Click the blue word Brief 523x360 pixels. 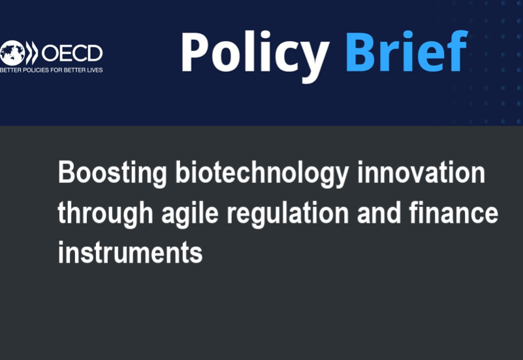407,51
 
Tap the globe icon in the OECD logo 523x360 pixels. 12,53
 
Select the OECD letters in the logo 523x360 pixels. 72,53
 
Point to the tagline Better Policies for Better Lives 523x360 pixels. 52,70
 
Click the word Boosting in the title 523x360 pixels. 112,174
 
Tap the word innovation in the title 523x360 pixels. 421,172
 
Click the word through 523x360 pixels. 105,214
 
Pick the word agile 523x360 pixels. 190,214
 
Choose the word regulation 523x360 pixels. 288,214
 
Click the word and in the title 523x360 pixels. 379,212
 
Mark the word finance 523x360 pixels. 454,212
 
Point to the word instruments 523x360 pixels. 131,252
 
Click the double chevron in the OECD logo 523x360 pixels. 32,53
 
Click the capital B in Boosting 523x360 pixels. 65,172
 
